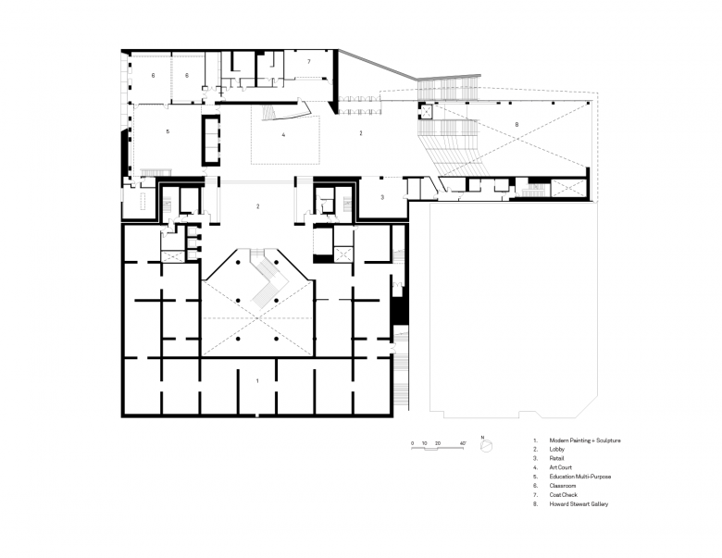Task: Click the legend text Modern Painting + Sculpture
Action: pyautogui.click(x=585, y=440)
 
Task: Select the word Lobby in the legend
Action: pyautogui.click(x=556, y=450)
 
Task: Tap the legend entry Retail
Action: pyautogui.click(x=556, y=458)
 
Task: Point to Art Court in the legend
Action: pyautogui.click(x=560, y=467)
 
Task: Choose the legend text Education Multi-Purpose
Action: pyautogui.click(x=580, y=477)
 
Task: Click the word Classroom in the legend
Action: pyautogui.click(x=562, y=486)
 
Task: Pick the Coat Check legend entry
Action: pyautogui.click(x=563, y=495)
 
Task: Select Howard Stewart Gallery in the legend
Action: pyautogui.click(x=579, y=504)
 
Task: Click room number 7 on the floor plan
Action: pyautogui.click(x=309, y=62)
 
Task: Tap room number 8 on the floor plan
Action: pyautogui.click(x=517, y=124)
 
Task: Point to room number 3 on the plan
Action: pyautogui.click(x=382, y=197)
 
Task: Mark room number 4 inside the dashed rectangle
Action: pyautogui.click(x=283, y=135)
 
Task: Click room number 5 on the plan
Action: pyautogui.click(x=168, y=131)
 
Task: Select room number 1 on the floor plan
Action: pyautogui.click(x=257, y=380)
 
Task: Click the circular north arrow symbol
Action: pyautogui.click(x=486, y=446)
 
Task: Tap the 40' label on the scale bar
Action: pyautogui.click(x=463, y=443)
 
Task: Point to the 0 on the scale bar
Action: pyautogui.click(x=412, y=443)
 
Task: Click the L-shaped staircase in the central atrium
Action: pyautogui.click(x=268, y=279)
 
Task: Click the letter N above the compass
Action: pyautogui.click(x=482, y=438)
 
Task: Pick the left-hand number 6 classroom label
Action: pyautogui.click(x=154, y=76)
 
